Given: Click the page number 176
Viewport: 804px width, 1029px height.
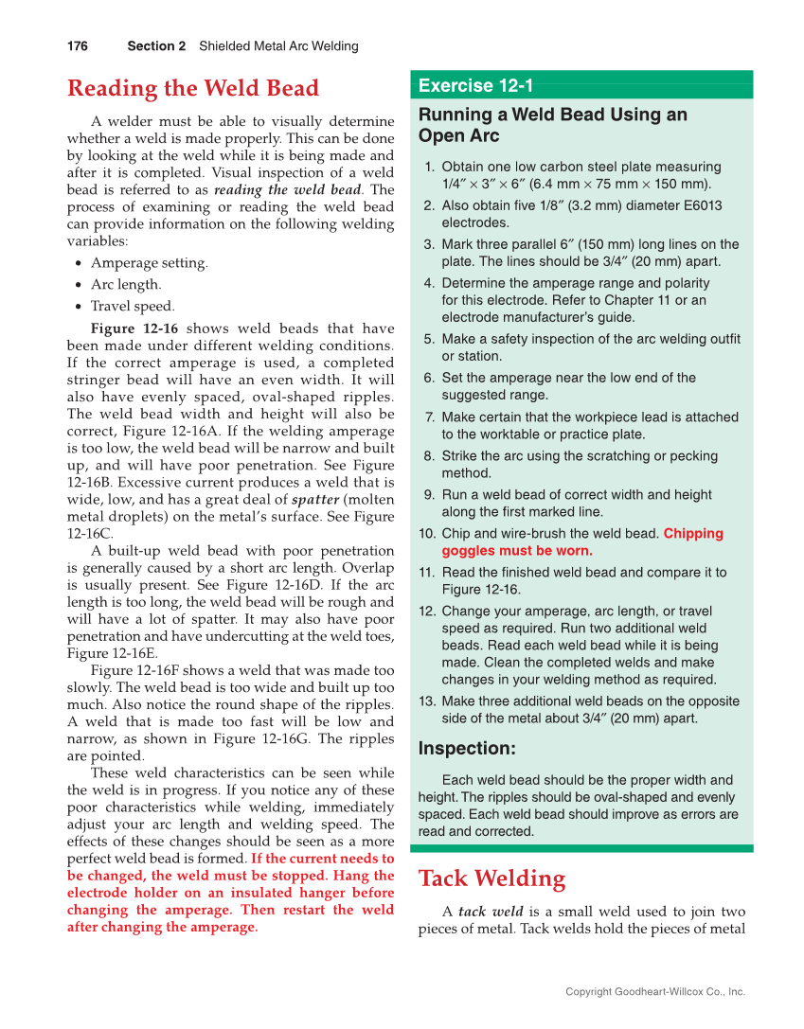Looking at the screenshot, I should tap(78, 45).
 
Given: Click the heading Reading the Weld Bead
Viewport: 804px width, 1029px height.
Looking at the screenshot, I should tap(193, 89).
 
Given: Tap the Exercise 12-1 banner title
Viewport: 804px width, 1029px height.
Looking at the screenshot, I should tap(476, 86).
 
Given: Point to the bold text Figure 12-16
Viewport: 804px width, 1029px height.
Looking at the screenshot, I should tap(133, 328).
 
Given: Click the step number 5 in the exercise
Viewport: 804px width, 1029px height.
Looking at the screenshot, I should tap(429, 339).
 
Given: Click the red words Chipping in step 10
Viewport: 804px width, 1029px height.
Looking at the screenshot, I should tap(693, 533).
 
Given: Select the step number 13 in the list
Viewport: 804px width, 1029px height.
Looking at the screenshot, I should tap(425, 701).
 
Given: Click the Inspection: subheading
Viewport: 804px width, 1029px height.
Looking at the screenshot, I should tap(467, 749).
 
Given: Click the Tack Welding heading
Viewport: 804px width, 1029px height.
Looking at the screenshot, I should tap(491, 878).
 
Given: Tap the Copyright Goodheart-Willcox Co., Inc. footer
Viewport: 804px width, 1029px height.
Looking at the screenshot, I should tap(655, 992).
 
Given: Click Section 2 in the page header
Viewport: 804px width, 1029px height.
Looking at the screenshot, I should tap(156, 45).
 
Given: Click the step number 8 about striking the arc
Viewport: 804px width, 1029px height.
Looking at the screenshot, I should tap(429, 455).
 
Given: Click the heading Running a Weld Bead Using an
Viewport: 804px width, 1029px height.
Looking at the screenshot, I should tap(553, 115).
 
